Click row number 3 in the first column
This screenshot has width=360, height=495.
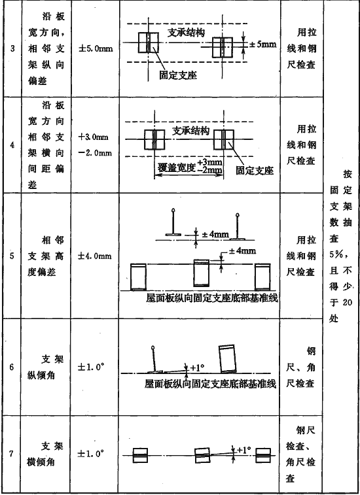click(12, 48)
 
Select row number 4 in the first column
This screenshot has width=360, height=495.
click(12, 145)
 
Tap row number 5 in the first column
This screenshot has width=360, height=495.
click(12, 256)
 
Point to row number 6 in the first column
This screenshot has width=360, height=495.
click(12, 367)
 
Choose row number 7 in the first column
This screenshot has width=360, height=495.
click(11, 454)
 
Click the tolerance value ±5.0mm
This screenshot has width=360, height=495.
click(96, 49)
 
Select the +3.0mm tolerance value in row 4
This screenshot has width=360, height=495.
click(93, 137)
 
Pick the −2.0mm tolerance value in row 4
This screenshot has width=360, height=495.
click(95, 153)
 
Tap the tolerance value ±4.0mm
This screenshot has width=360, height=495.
click(94, 256)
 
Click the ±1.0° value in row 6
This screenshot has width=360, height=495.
click(91, 367)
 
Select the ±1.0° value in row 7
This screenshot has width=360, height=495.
click(91, 454)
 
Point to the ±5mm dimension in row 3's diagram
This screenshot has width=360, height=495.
click(262, 44)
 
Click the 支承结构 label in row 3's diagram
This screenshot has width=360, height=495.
click(186, 33)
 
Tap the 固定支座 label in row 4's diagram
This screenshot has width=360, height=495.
click(255, 171)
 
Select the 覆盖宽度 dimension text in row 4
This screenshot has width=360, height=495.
click(177, 167)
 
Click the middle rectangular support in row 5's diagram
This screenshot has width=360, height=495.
click(202, 273)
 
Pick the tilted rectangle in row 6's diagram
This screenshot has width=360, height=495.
click(228, 358)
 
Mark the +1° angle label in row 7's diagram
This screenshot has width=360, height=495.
click(243, 449)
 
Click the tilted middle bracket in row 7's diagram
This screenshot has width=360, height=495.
click(202, 455)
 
